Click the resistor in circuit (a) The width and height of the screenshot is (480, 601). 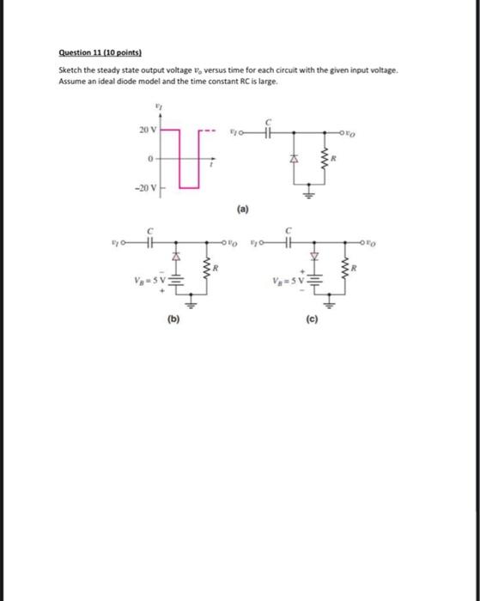tap(325, 160)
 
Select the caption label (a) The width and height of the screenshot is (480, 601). tap(258, 209)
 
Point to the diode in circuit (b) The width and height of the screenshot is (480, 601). tap(177, 256)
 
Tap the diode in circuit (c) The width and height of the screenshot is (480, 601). tap(314, 256)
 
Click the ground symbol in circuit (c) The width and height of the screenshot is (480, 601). tap(328, 303)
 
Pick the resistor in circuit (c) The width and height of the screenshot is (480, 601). tap(344, 270)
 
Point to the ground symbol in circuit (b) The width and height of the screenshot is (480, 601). tap(191, 303)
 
